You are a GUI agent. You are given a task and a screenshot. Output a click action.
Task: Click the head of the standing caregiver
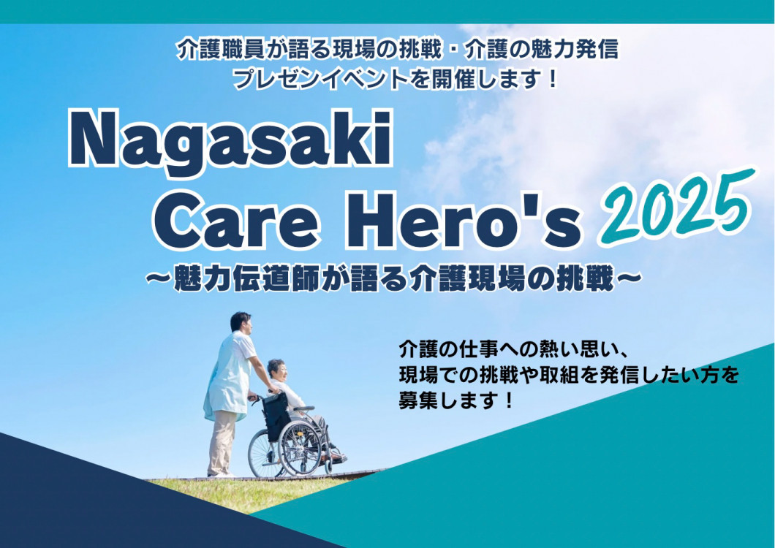[241, 323]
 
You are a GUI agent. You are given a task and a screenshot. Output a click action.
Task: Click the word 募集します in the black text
[447, 400]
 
